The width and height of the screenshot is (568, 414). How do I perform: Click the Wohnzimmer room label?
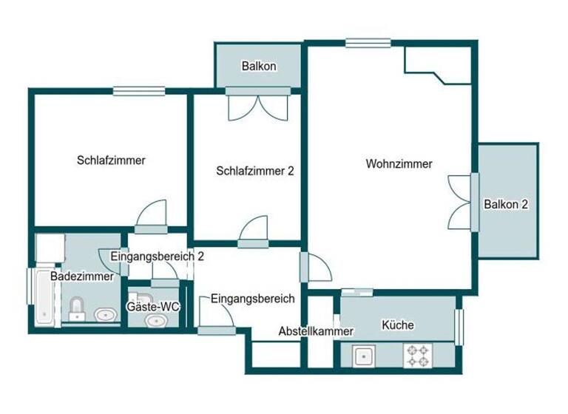399,164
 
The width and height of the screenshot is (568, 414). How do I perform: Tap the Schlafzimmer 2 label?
255,171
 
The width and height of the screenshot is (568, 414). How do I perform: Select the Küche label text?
398,325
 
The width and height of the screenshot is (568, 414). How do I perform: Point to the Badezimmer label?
82,276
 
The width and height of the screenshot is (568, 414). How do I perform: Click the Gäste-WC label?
154,306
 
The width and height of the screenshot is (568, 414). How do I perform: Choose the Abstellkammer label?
316,332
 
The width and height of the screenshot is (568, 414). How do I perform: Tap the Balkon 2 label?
506,205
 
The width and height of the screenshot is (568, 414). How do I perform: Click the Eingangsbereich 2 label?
157,257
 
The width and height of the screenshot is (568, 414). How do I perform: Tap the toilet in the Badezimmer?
76,310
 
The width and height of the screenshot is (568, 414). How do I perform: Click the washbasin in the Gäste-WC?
156,321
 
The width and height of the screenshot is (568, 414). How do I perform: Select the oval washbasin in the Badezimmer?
106,316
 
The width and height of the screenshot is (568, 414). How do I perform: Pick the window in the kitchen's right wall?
459,326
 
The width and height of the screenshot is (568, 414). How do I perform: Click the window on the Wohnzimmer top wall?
362,44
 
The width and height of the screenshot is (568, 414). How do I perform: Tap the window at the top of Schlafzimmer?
139,92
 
